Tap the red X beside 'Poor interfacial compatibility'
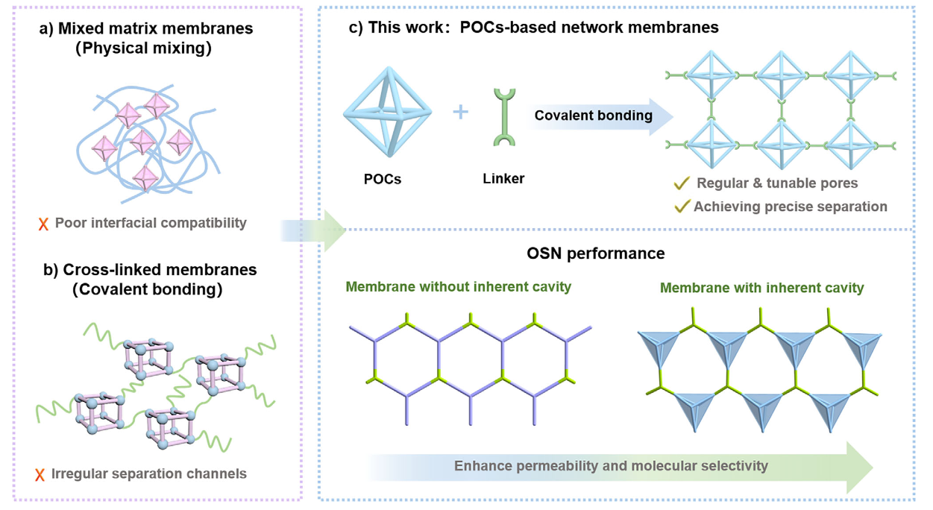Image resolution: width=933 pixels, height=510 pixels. point(43,223)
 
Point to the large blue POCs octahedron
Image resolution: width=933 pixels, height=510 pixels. point(387,113)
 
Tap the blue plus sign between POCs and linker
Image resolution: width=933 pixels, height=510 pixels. point(461,113)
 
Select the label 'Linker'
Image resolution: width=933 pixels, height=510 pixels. point(503,179)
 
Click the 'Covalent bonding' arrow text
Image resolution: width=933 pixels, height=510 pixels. point(594,116)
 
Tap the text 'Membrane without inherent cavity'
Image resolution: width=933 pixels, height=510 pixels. point(458,287)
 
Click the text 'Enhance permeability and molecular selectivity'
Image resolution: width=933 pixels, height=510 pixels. point(611,466)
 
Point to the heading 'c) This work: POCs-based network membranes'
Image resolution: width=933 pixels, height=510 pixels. point(534,28)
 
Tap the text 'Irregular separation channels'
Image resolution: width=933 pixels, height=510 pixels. point(148,473)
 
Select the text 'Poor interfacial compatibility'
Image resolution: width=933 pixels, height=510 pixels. point(151,223)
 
